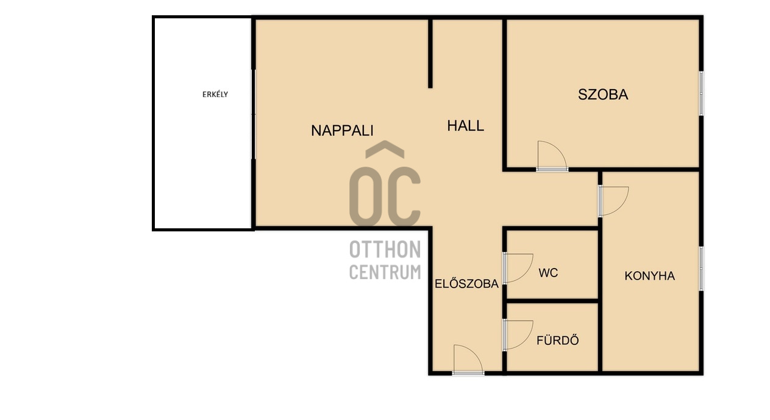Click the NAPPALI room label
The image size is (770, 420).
point(342,131)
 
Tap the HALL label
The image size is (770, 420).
point(465,126)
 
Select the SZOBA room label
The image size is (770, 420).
point(603,95)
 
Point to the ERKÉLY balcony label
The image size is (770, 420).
point(215,95)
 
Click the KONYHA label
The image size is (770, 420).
point(650,276)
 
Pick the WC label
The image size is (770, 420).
point(548,273)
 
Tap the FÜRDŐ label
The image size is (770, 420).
point(558,340)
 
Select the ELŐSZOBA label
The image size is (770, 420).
point(466,283)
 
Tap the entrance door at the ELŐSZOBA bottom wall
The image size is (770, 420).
point(468,373)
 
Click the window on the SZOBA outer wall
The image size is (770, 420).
point(701,93)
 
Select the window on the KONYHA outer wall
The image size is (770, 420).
point(701,269)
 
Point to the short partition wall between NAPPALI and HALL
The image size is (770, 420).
point(430,53)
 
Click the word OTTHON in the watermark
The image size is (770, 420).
point(385,249)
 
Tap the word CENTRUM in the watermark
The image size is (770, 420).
point(385,272)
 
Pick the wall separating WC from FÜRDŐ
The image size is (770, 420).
point(552,301)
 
